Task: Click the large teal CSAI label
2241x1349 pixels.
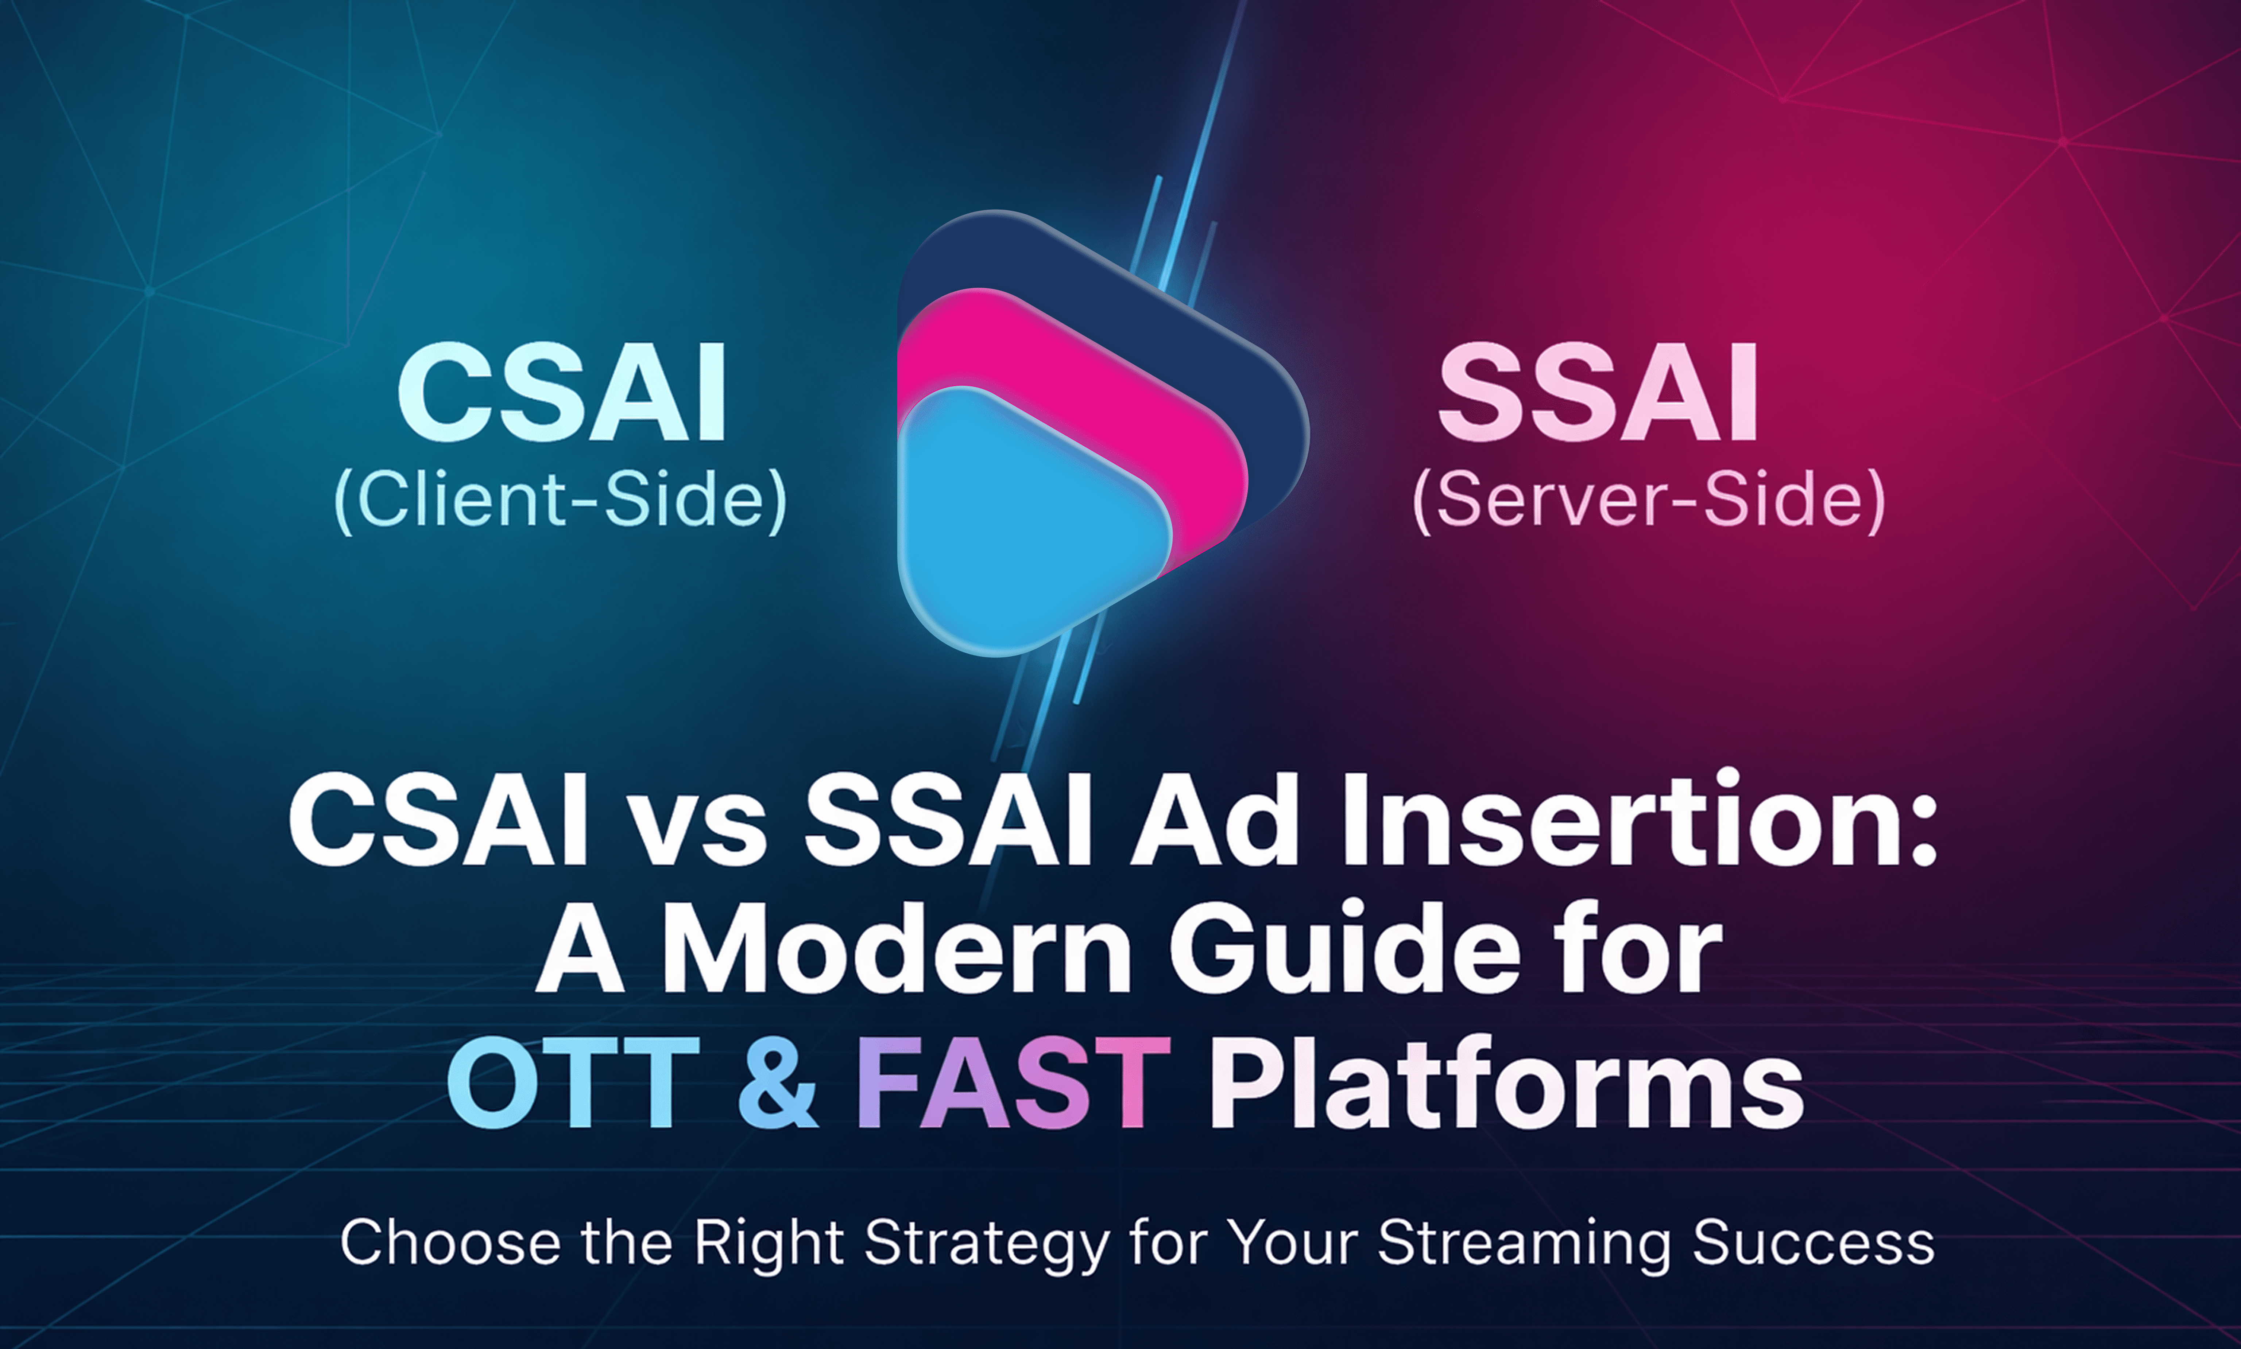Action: click(x=562, y=393)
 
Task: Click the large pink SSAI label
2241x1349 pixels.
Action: click(x=1597, y=393)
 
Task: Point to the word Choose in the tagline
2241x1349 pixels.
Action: click(x=450, y=1243)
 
